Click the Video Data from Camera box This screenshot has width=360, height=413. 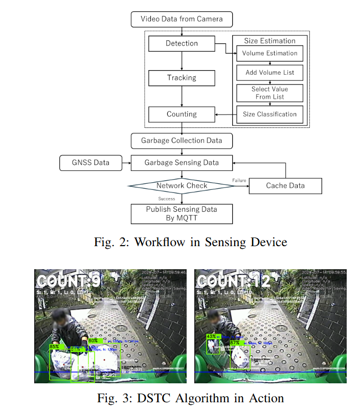coord(182,19)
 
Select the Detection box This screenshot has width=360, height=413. coord(182,44)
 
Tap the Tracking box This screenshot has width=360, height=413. coord(182,78)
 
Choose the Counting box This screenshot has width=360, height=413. coord(182,114)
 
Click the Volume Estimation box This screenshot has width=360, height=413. coord(269,53)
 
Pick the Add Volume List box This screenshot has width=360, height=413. coord(269,73)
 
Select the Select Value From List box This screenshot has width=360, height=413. coord(269,93)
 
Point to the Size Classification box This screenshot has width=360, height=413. coord(269,114)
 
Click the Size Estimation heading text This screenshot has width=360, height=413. coord(269,41)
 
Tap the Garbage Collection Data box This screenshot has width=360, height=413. coord(182,141)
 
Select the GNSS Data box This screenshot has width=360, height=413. coord(91,163)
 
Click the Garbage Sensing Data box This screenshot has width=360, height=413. coord(182,163)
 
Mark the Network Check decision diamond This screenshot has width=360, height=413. coord(182,185)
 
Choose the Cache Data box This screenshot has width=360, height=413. coord(285,186)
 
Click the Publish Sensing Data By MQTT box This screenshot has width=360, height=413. coord(182,213)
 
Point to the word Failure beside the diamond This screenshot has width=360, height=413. coord(239,181)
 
